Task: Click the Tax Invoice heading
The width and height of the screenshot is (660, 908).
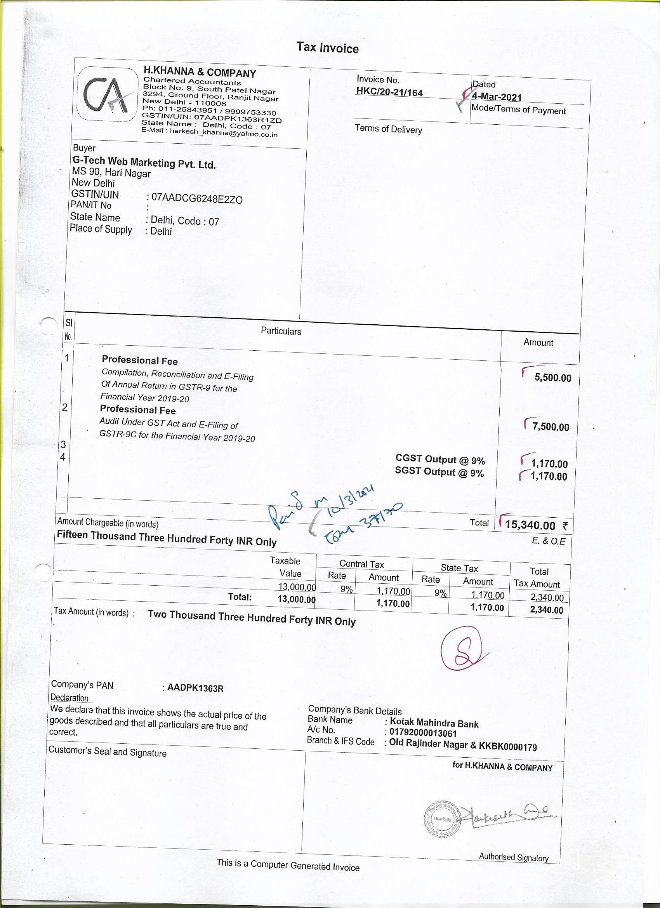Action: click(x=327, y=48)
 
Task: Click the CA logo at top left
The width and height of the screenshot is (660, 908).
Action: click(x=107, y=94)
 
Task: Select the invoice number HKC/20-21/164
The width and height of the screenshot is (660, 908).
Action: click(x=389, y=92)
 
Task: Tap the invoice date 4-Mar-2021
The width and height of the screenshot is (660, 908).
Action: click(x=497, y=97)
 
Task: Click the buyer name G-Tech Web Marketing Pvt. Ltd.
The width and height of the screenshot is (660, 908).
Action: click(x=144, y=163)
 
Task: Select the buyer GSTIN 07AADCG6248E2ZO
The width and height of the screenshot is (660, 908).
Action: click(x=196, y=198)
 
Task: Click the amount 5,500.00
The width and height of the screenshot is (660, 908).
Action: click(x=553, y=378)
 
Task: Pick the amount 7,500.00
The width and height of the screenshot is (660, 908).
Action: click(x=551, y=427)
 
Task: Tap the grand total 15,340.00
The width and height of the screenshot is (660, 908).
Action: click(x=530, y=525)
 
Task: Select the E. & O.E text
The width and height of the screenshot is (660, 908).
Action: click(x=548, y=541)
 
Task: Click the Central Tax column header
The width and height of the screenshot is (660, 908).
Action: click(x=361, y=564)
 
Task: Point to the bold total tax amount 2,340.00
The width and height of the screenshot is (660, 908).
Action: click(x=546, y=610)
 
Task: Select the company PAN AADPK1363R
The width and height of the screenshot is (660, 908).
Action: click(x=195, y=688)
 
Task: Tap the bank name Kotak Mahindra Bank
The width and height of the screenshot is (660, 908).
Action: click(x=434, y=724)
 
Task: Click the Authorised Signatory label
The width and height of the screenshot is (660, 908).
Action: click(x=514, y=857)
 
